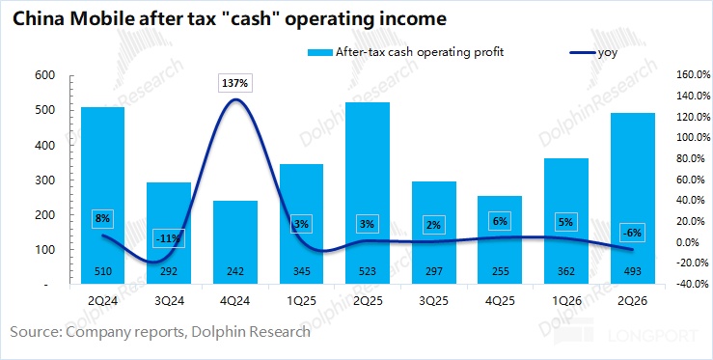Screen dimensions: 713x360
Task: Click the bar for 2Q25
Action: click(x=368, y=193)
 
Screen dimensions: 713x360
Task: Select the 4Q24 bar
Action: click(x=235, y=242)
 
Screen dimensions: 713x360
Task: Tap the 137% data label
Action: click(x=235, y=84)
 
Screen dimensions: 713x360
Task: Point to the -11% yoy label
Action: click(x=169, y=238)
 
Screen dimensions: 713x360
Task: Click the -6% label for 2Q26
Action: click(x=633, y=233)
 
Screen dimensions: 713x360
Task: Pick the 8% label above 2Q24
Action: click(x=103, y=218)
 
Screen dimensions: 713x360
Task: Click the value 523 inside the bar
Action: click(x=368, y=272)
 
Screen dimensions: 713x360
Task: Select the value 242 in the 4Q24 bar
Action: click(x=235, y=272)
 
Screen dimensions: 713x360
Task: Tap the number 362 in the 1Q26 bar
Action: click(x=566, y=272)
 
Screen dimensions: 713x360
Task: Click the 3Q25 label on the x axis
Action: click(x=434, y=301)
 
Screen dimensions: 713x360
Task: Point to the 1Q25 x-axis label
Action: click(x=301, y=301)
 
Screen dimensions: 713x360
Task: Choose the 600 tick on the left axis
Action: click(x=44, y=75)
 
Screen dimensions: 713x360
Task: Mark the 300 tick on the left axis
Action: click(x=44, y=180)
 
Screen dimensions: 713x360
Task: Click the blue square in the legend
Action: click(x=319, y=52)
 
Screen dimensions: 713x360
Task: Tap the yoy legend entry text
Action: click(x=608, y=53)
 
